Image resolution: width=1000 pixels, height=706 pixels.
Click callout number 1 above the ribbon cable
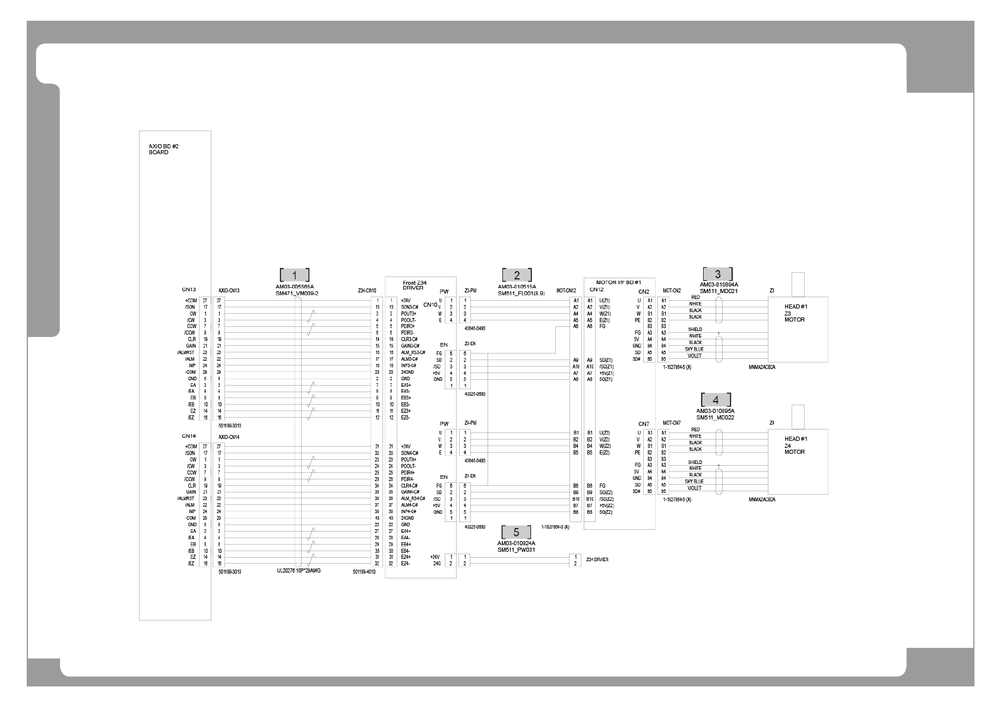click(295, 275)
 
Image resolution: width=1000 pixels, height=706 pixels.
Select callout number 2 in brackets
click(517, 275)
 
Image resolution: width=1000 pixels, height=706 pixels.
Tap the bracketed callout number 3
click(718, 274)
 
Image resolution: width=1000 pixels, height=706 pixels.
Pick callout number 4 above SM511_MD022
click(716, 400)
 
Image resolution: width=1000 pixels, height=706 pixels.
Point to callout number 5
click(516, 532)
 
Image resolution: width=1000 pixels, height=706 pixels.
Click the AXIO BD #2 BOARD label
click(159, 149)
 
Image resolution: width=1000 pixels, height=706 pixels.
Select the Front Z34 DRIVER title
click(414, 285)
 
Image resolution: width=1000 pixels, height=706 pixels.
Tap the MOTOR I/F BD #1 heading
click(618, 282)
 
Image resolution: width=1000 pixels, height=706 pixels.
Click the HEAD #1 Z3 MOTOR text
click(795, 313)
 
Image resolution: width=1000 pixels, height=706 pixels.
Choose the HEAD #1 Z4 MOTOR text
click(795, 445)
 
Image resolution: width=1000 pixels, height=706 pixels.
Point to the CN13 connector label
click(189, 290)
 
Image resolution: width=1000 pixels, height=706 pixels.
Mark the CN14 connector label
click(189, 436)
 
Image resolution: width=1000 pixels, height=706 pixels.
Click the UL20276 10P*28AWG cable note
click(299, 571)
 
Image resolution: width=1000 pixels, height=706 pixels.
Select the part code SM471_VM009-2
click(297, 293)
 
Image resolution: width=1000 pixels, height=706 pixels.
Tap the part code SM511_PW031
click(517, 549)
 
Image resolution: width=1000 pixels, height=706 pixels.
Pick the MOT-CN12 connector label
click(566, 291)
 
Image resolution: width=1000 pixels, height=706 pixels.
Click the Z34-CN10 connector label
click(366, 291)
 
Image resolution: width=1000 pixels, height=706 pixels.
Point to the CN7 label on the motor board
click(644, 424)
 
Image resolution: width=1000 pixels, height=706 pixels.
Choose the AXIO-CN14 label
click(229, 437)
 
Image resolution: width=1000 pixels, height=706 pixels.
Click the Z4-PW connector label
click(471, 422)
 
